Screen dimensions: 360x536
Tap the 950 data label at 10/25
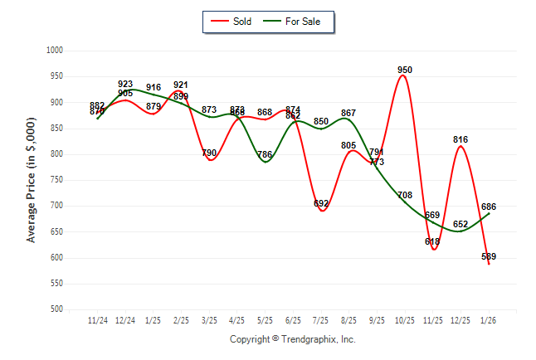[405, 70]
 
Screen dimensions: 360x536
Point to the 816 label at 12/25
[460, 139]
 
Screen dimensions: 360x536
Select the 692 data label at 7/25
[321, 204]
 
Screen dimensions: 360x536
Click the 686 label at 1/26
[489, 207]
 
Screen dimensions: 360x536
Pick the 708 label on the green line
[405, 196]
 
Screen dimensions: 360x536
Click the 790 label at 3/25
[209, 153]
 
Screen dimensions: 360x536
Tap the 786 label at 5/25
[265, 155]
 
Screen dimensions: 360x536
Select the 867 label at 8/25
[348, 113]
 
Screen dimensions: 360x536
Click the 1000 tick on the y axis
[55, 51]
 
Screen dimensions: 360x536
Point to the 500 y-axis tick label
[57, 309]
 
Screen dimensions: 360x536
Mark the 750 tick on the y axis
[57, 180]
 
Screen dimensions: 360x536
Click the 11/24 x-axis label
[98, 320]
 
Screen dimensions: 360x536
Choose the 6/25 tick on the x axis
[293, 320]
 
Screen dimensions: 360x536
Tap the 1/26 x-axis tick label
[489, 320]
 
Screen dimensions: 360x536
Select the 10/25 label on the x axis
[405, 320]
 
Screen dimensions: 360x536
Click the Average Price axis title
[32, 180]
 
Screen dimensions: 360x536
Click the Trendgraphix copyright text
[292, 339]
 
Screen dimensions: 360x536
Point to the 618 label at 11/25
[432, 241]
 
